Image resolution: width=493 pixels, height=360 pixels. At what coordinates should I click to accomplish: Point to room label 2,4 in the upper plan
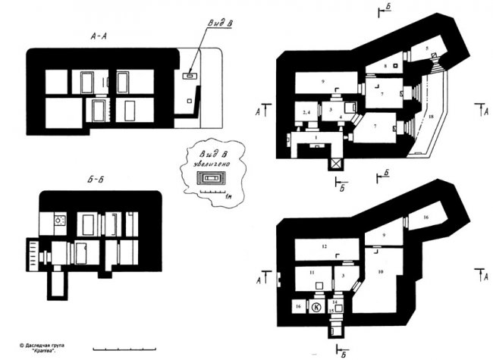point(306,112)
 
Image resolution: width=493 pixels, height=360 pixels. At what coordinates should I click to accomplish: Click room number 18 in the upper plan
point(432,118)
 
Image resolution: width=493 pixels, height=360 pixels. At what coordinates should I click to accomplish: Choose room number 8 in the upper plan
point(386,67)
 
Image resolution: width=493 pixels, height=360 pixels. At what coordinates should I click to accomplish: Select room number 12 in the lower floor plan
point(323,247)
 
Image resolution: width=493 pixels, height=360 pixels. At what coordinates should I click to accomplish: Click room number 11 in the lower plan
point(311,271)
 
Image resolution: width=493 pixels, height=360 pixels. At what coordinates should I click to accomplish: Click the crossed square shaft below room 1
point(334,162)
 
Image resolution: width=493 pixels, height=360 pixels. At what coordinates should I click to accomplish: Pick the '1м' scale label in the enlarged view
point(229,196)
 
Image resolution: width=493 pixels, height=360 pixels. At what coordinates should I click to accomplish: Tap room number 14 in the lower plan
point(334,302)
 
